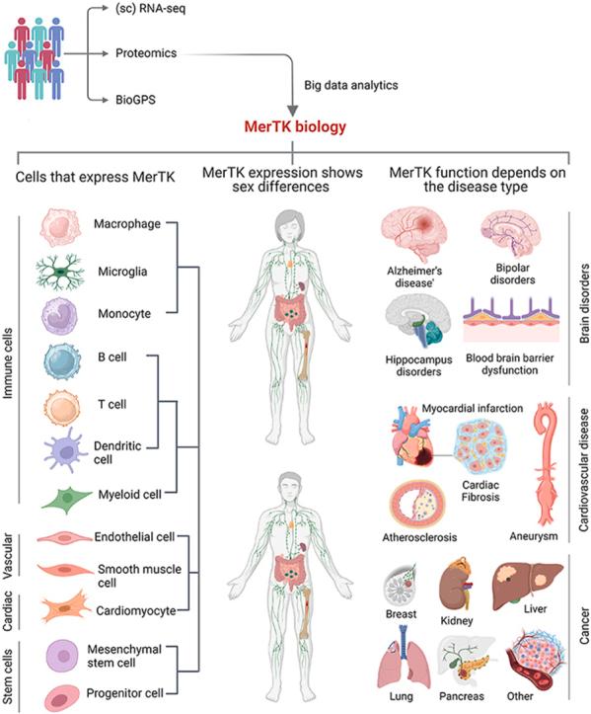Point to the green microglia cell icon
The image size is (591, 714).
(x=61, y=272)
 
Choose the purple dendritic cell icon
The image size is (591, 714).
(x=61, y=450)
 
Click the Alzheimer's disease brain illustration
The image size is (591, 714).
(x=418, y=235)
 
